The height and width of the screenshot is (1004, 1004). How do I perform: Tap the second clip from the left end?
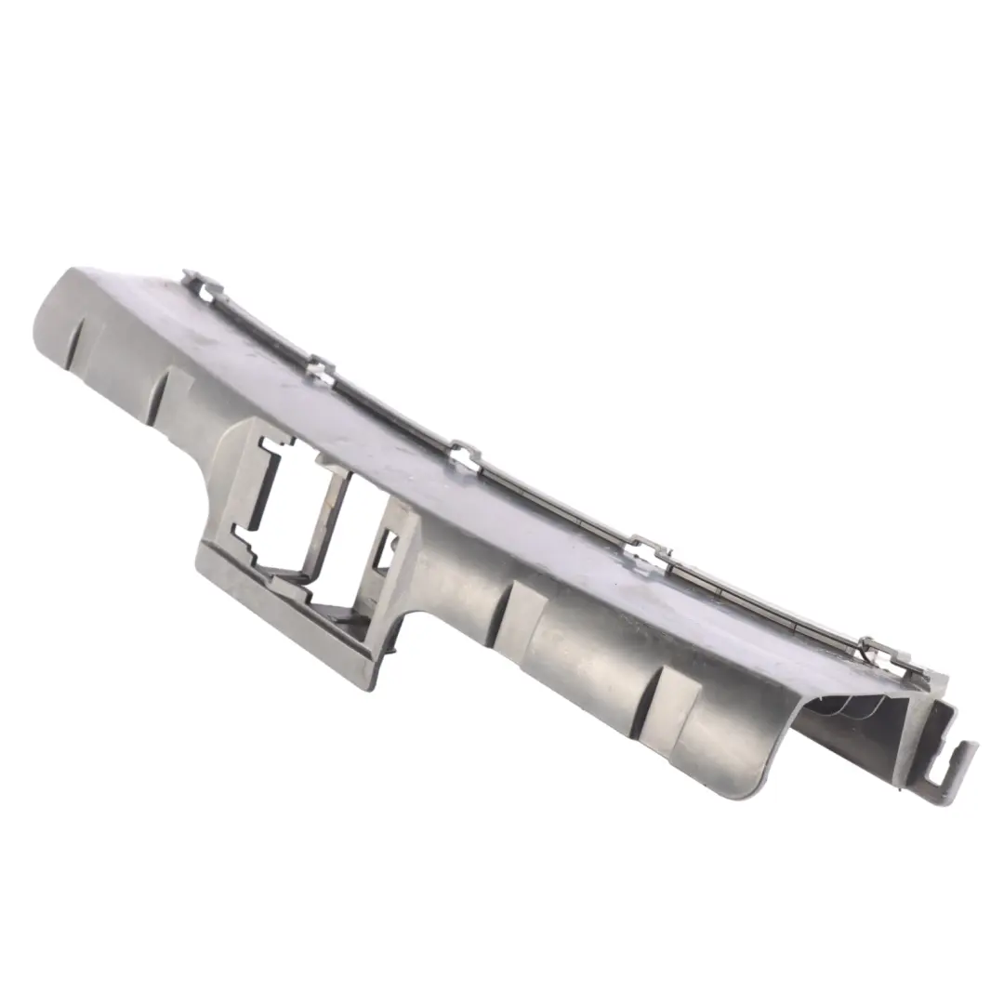(x=319, y=370)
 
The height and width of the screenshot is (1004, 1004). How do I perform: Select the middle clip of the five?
(x=465, y=456)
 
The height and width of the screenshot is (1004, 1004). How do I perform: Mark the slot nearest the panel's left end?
(x=82, y=335)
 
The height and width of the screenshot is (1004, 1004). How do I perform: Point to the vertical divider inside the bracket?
(x=330, y=521)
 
